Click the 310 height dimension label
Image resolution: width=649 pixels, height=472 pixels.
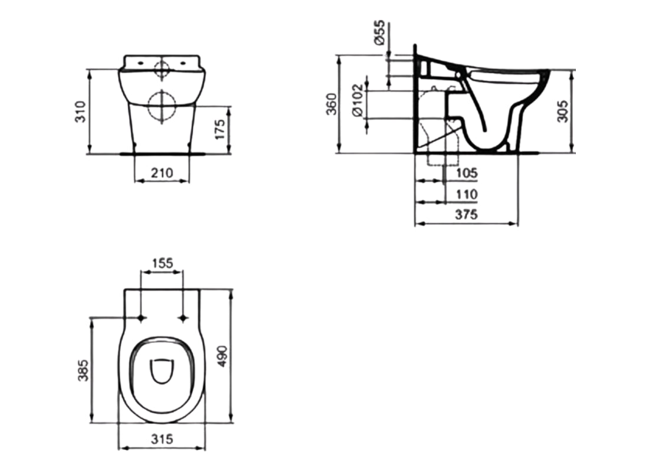(81, 111)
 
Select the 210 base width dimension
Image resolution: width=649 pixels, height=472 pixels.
(162, 173)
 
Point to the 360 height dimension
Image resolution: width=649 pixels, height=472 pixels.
(332, 104)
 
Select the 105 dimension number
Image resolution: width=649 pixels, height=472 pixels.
(467, 173)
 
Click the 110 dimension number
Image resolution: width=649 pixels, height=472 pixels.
(467, 194)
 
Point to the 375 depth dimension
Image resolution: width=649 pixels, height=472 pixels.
(466, 215)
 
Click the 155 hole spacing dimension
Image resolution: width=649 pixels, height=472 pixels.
(162, 263)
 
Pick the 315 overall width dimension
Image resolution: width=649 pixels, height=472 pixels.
(162, 439)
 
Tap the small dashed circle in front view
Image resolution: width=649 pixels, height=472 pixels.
(162, 69)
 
